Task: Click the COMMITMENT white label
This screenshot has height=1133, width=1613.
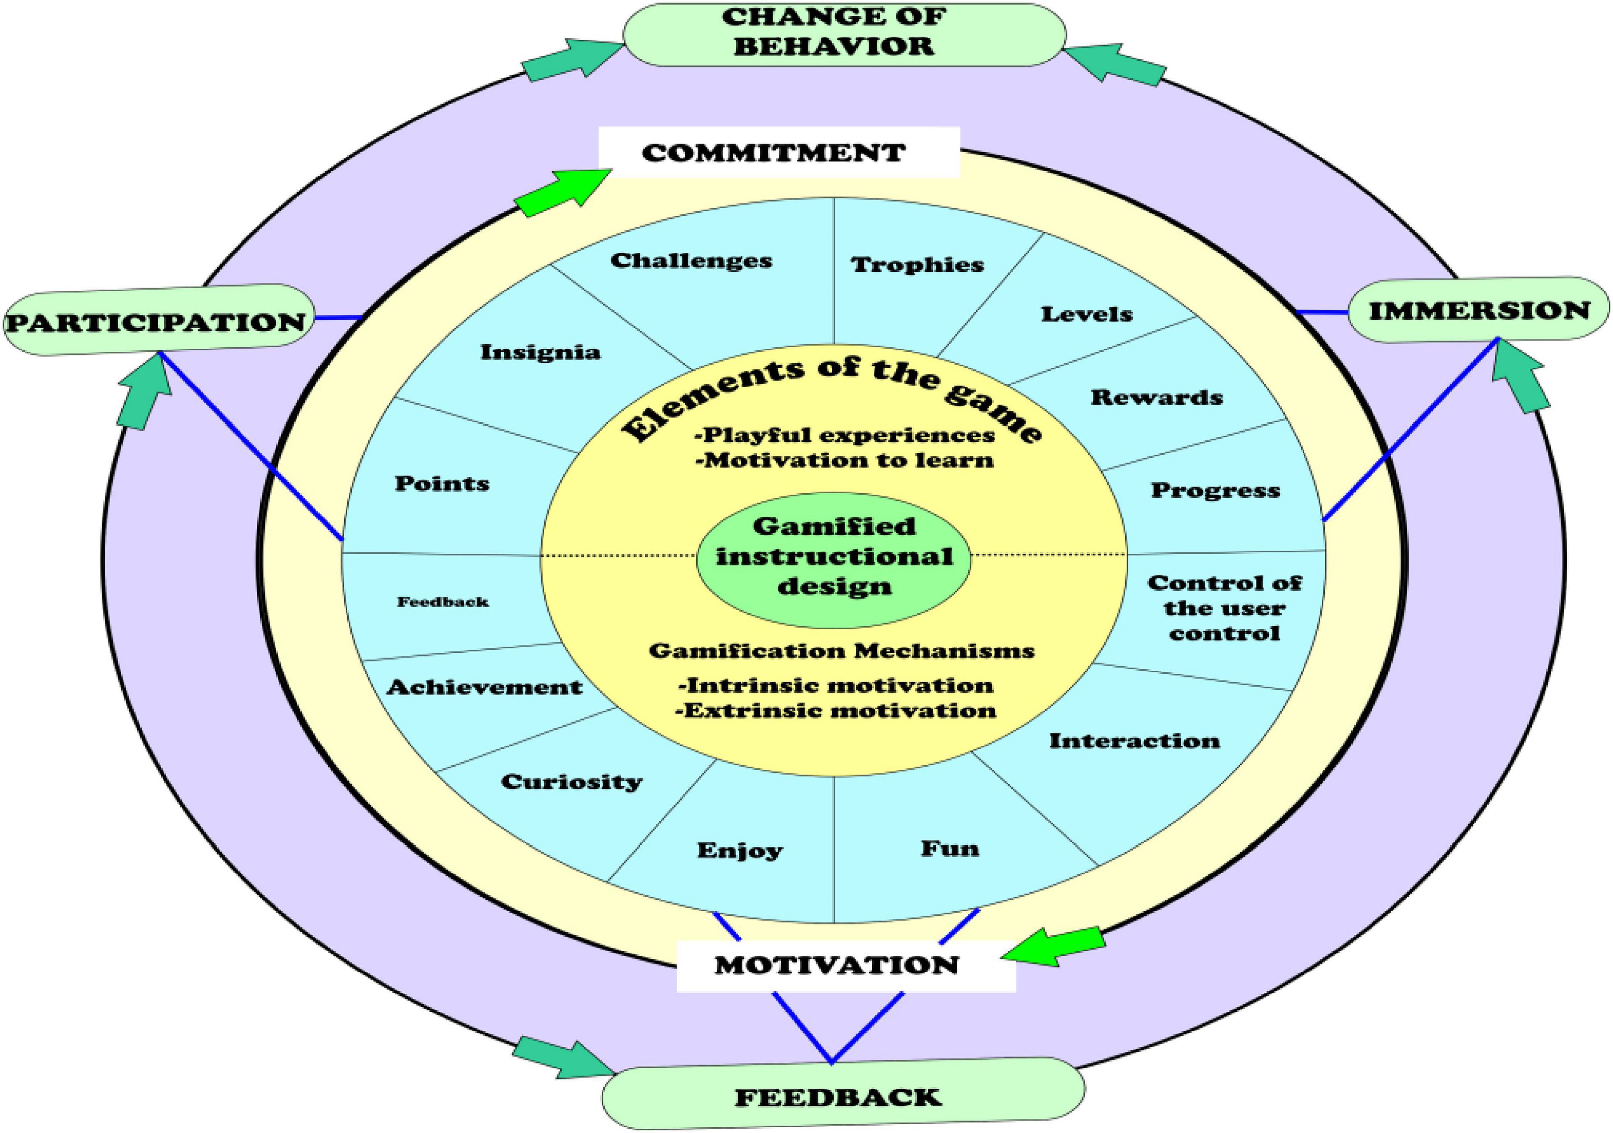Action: coord(778,152)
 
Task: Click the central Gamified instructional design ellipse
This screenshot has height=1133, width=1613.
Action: coord(834,556)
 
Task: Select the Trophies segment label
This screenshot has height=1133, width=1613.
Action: coord(917,265)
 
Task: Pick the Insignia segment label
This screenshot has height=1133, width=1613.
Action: coord(540,352)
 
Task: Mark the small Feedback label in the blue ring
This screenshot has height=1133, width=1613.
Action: coord(443,602)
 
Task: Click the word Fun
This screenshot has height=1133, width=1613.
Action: coord(950,848)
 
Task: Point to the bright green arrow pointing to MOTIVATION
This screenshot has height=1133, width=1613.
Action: coord(1054,948)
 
